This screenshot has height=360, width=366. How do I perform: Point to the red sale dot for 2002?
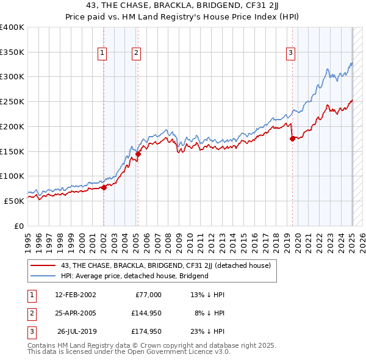point(104,187)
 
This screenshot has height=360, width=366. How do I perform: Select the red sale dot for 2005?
point(138,154)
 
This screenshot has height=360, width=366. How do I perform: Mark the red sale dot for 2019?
point(292,139)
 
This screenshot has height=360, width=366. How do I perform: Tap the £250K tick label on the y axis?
point(12,102)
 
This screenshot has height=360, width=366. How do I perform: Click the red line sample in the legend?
point(43,265)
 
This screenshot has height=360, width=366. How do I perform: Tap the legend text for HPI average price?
point(135,276)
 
